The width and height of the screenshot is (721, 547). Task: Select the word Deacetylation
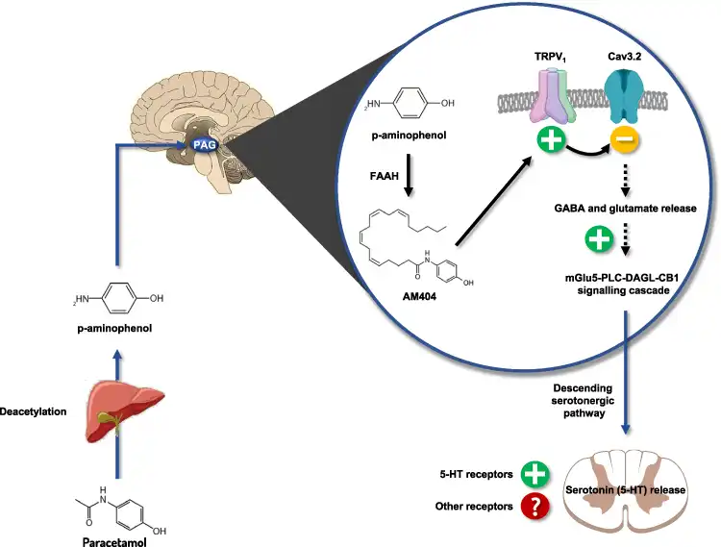(35, 410)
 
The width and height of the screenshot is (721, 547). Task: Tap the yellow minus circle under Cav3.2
(625, 144)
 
